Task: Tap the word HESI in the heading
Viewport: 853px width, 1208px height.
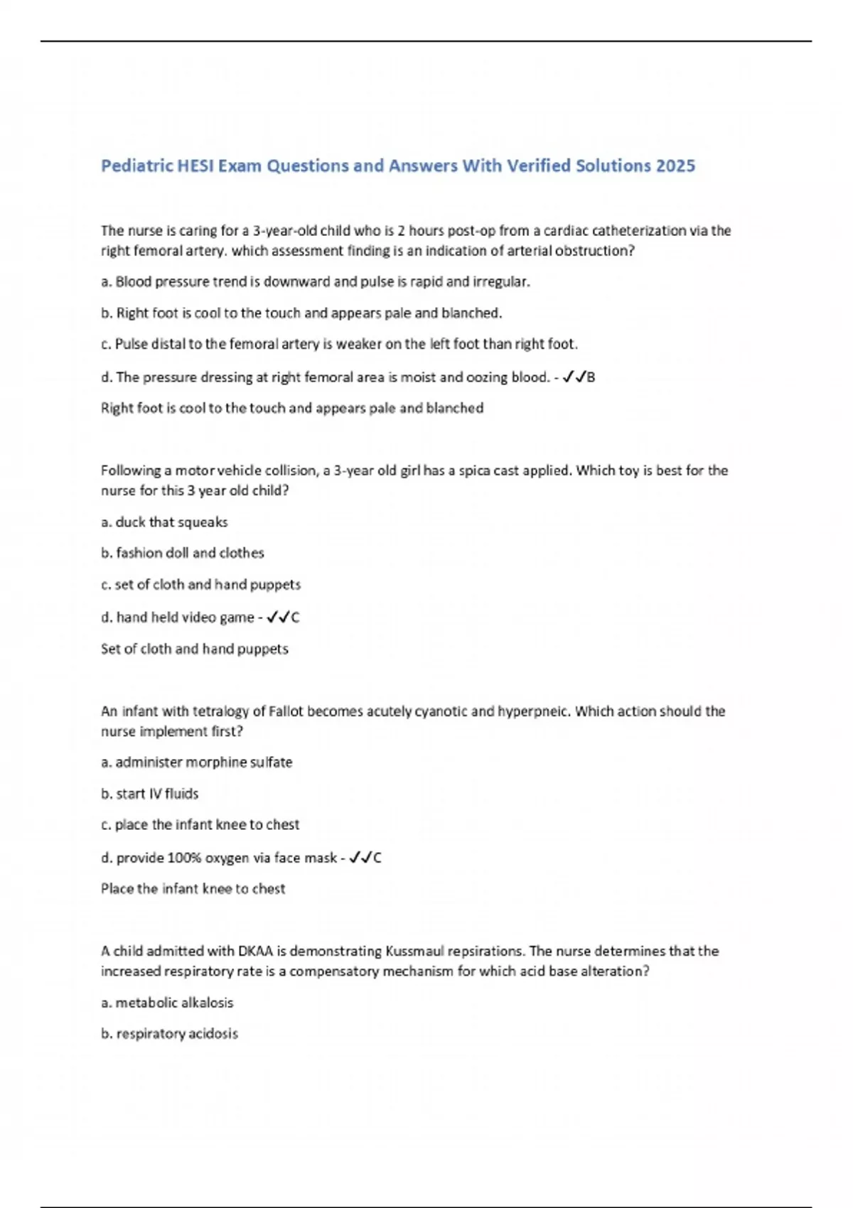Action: click(195, 166)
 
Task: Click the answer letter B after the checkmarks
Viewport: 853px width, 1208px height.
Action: click(591, 377)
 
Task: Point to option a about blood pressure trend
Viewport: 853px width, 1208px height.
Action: click(316, 282)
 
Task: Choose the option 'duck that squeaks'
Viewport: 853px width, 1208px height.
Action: click(164, 522)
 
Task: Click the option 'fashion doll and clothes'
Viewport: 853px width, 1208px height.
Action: click(182, 553)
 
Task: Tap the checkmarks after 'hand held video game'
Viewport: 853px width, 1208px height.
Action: click(278, 618)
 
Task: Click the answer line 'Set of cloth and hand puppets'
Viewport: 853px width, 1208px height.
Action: click(194, 649)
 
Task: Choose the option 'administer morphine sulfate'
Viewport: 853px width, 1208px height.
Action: click(196, 762)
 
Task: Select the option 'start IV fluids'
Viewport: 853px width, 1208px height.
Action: click(149, 794)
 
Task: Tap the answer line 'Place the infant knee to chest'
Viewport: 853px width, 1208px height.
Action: click(193, 889)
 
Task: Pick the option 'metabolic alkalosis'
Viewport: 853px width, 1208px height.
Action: click(167, 1003)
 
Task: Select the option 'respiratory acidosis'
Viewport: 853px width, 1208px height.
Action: click(169, 1034)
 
